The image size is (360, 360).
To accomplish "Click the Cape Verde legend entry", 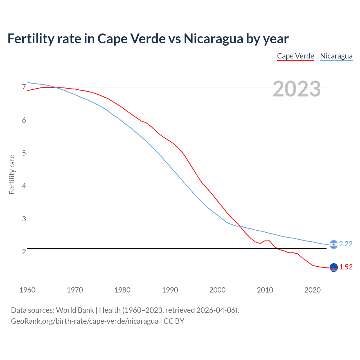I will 295,56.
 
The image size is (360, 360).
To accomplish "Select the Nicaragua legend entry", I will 336,56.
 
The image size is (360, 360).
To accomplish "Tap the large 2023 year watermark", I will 296,89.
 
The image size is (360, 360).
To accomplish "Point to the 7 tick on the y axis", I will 24,87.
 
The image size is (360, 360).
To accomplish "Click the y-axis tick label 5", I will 24,153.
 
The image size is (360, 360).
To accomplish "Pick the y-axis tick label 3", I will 24,219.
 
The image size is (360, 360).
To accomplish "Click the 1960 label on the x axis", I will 27,290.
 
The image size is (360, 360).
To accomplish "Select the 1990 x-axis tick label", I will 170,290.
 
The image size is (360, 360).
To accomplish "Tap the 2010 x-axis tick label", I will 265,290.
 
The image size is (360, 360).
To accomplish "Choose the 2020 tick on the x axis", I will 312,290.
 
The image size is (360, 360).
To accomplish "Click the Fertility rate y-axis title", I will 12,174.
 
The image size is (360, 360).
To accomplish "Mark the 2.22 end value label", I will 346,244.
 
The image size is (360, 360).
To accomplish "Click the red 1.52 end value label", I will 346,267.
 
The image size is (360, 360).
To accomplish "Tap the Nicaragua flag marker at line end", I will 334,244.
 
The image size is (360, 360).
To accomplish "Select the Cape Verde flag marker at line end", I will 334,267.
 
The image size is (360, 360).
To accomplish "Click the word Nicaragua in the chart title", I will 213,39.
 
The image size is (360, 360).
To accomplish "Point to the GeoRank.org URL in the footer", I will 84,321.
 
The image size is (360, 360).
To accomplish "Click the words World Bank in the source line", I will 75,310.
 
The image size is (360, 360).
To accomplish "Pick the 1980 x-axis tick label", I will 122,290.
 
